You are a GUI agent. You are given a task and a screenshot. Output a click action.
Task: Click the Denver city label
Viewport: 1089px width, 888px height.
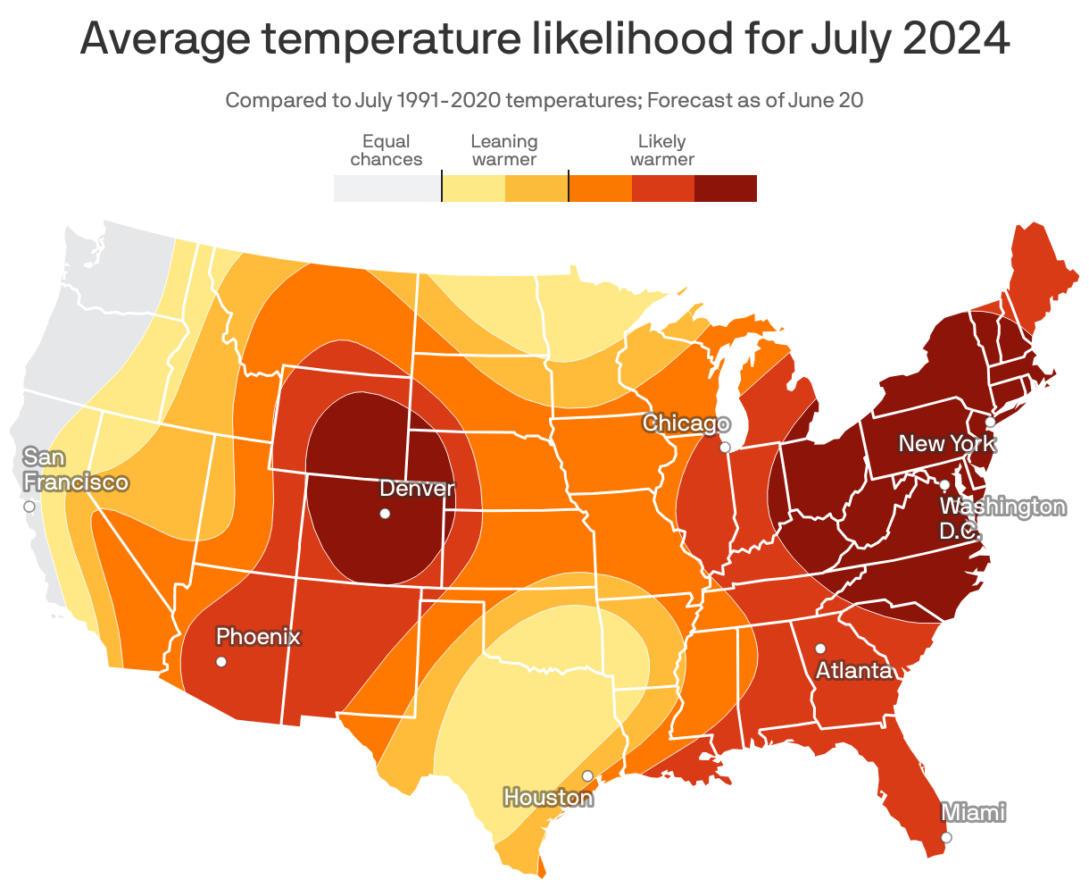pyautogui.click(x=417, y=489)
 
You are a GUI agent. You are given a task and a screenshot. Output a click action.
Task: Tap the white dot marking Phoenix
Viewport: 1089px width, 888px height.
pyautogui.click(x=221, y=662)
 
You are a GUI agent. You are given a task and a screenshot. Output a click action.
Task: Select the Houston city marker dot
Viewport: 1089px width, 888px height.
pyautogui.click(x=587, y=775)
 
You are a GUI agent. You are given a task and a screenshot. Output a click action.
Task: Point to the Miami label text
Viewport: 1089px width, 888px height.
pyautogui.click(x=974, y=812)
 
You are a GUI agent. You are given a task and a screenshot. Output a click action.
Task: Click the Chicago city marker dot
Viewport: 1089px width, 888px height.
pyautogui.click(x=726, y=447)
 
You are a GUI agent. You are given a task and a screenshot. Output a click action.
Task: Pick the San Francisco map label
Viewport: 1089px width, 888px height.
pyautogui.click(x=75, y=470)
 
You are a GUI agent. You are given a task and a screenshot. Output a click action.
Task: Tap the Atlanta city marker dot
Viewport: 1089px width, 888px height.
pyautogui.click(x=820, y=648)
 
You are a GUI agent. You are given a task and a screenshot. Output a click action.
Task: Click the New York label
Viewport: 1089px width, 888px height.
pyautogui.click(x=946, y=443)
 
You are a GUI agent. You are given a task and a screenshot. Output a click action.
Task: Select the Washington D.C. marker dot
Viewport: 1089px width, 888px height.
pyautogui.click(x=944, y=484)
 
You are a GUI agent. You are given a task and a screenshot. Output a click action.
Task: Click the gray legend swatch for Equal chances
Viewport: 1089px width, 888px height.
pyautogui.click(x=387, y=188)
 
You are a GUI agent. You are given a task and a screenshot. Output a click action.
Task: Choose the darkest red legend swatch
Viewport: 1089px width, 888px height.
pyautogui.click(x=726, y=188)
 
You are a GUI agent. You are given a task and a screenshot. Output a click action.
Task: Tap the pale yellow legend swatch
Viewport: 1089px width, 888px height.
pyautogui.click(x=474, y=188)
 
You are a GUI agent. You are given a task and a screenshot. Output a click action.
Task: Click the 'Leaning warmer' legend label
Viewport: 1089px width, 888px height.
pyautogui.click(x=504, y=150)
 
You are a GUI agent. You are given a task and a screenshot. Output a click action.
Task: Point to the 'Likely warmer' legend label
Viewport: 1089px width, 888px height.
pyautogui.click(x=662, y=150)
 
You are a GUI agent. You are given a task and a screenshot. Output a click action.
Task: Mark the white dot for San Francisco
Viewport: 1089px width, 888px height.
pyautogui.click(x=29, y=506)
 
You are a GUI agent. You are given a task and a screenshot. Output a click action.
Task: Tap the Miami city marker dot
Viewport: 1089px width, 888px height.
pyautogui.click(x=946, y=837)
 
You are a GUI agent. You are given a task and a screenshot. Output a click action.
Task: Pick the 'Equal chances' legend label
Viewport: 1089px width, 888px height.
pyautogui.click(x=387, y=150)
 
